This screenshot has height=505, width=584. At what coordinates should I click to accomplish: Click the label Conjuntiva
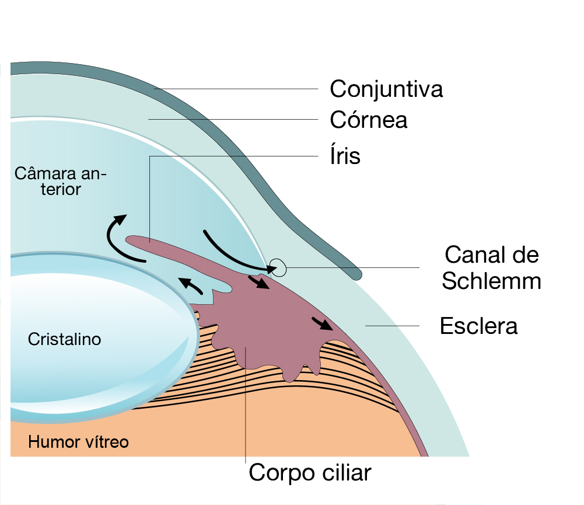(x=386, y=89)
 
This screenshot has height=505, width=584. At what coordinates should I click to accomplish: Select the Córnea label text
(x=368, y=120)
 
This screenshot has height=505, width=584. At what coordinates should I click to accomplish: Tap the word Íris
(x=345, y=156)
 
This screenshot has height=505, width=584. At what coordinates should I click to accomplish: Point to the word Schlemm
(x=491, y=281)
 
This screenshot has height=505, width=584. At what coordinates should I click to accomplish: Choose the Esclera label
(x=478, y=326)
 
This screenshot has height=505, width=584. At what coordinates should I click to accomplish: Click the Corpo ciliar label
(x=310, y=472)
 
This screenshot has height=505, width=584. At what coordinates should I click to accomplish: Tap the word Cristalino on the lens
(x=64, y=339)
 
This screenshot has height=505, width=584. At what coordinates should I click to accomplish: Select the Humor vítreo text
(x=78, y=442)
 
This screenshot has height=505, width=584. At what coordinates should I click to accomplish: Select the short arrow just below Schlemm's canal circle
(x=259, y=282)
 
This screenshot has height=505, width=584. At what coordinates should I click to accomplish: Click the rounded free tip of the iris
(x=130, y=240)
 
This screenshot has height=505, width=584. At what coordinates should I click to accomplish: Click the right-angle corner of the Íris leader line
(x=150, y=156)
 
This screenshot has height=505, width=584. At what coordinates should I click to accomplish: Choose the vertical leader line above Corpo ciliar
(x=246, y=409)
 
